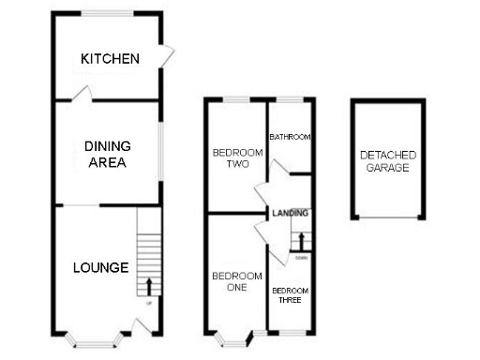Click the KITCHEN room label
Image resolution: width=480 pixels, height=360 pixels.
110,59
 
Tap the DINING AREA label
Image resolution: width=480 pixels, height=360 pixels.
107,154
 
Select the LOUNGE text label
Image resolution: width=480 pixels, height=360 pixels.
100,267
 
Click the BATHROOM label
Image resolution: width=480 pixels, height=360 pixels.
290,137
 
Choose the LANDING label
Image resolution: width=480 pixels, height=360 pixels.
291,213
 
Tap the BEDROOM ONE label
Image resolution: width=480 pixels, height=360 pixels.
230,281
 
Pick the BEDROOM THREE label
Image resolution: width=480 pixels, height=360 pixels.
291,295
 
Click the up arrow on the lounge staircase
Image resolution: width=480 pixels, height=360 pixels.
149,285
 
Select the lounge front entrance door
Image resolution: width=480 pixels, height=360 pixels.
141,328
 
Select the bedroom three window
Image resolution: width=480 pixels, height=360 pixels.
290,334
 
